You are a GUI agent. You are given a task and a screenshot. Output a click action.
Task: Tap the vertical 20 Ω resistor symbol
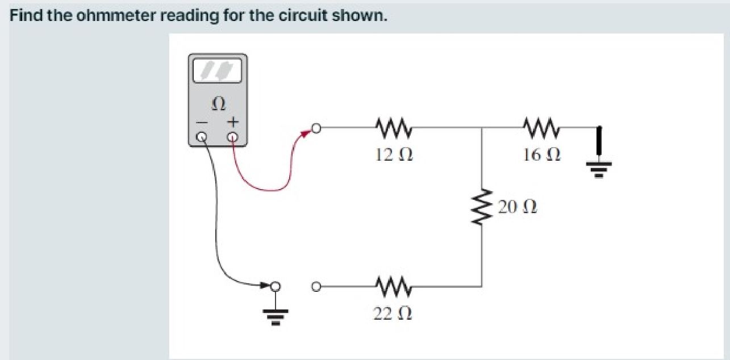coord(482,207)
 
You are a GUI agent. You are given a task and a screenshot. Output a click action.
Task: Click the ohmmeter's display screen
coord(218,71)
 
